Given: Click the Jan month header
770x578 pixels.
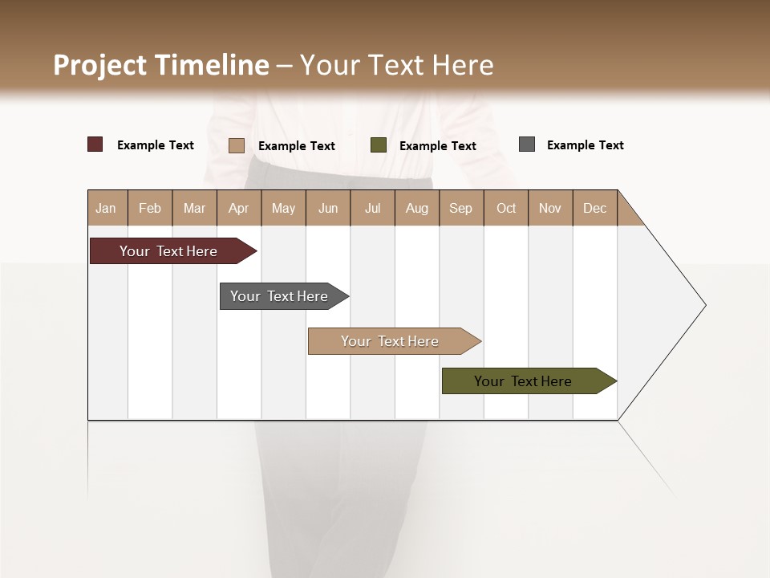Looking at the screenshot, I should coord(107,208).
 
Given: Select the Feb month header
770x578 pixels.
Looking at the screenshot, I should coord(150,208).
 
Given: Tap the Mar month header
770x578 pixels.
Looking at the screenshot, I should coord(194,208).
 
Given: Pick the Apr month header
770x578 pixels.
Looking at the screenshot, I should coord(239,208).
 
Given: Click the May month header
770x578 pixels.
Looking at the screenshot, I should coord(283,208).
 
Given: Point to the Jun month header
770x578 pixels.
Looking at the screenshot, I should coord(328,208).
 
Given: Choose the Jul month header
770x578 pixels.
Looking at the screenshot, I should coord(372,208).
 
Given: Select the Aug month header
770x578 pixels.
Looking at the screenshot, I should coord(417,208).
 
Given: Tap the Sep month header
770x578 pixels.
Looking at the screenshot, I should coord(461,208).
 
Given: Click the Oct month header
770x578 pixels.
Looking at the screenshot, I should coord(506,208).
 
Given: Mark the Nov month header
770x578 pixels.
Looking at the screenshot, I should coord(550,208).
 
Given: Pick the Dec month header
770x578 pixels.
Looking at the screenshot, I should coord(595,208).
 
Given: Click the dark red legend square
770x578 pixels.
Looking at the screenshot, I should coord(95,144).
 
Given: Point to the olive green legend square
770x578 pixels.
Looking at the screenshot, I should coord(379,145).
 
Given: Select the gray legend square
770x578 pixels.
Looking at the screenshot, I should coord(527,144).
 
